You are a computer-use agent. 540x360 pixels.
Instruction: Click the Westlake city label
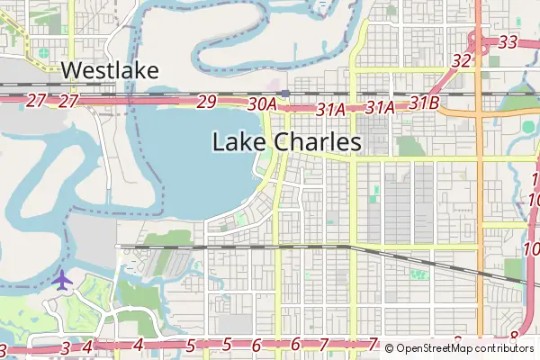point(111,71)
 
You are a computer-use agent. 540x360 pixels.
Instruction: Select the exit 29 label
point(206,102)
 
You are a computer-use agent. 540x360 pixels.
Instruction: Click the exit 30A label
point(261,104)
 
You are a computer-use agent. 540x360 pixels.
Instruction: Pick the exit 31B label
point(423,103)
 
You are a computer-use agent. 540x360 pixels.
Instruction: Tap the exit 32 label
point(462,61)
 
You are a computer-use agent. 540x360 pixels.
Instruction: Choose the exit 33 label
point(508,41)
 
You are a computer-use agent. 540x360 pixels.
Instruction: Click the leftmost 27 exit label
point(35,101)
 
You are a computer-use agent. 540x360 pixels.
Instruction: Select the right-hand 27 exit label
point(69,101)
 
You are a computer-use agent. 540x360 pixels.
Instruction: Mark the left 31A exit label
point(331,108)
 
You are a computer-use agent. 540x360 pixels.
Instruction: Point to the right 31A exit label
point(381,107)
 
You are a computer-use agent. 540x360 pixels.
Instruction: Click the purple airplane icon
point(62,280)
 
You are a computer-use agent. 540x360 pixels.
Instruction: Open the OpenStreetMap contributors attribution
point(459,348)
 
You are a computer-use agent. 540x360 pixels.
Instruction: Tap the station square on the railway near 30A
point(284,92)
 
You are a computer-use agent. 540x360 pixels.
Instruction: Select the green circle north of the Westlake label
point(43,52)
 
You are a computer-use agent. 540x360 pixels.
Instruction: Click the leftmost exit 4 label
point(87,346)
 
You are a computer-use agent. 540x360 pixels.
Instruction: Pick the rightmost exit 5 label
point(227,344)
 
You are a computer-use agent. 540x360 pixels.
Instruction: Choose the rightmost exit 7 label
point(373,344)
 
